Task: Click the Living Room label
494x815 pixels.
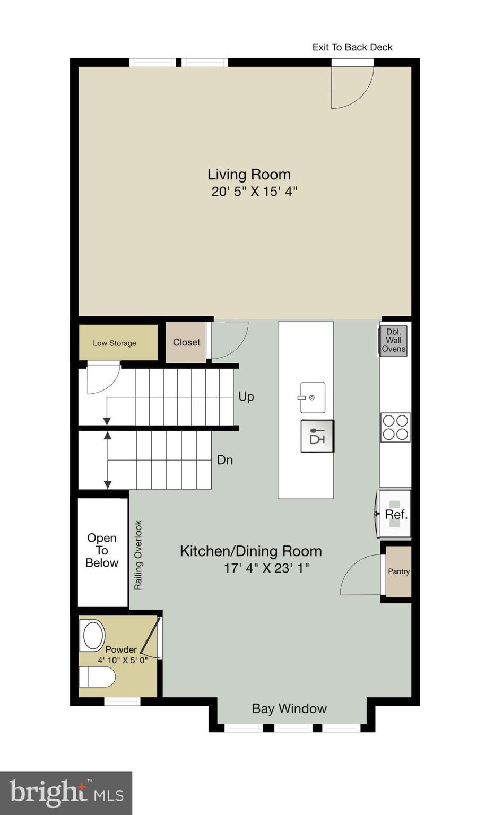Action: pyautogui.click(x=249, y=174)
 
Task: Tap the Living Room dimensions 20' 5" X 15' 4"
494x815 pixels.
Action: pyautogui.click(x=254, y=192)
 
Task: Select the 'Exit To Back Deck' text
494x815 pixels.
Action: pyautogui.click(x=352, y=47)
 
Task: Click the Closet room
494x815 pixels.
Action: pyautogui.click(x=186, y=343)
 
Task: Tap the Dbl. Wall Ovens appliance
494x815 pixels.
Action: pyautogui.click(x=394, y=341)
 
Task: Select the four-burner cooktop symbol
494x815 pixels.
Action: pyautogui.click(x=395, y=427)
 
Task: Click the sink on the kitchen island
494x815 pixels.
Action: pyautogui.click(x=313, y=397)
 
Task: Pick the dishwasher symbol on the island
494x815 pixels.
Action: pyautogui.click(x=317, y=436)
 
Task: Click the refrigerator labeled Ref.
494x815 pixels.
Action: pyautogui.click(x=394, y=514)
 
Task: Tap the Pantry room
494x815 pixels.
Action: pyautogui.click(x=398, y=571)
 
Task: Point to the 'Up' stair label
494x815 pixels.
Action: pyautogui.click(x=246, y=396)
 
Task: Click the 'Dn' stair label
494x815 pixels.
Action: pyautogui.click(x=225, y=460)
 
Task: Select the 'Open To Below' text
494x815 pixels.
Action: pyautogui.click(x=102, y=550)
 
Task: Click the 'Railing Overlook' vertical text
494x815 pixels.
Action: pyautogui.click(x=138, y=555)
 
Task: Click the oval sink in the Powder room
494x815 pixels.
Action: pyautogui.click(x=92, y=636)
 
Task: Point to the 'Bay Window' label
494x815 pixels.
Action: pyautogui.click(x=289, y=708)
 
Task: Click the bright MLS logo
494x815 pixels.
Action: pyautogui.click(x=66, y=793)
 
